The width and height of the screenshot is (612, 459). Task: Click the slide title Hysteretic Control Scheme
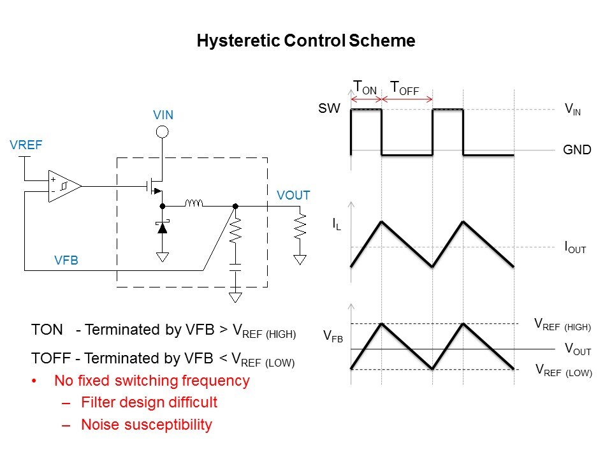coord(306,41)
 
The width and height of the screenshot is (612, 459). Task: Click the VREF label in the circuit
coord(26,145)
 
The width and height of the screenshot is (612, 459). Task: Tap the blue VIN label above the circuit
coord(163,115)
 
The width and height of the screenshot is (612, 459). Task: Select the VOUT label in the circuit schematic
coord(293,195)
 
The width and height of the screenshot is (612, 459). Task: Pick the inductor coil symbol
coord(194,203)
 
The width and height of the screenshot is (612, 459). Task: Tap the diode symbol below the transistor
coord(163,227)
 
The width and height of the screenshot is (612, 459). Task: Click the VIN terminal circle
coord(163,132)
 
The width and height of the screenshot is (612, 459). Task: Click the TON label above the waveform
coord(365,87)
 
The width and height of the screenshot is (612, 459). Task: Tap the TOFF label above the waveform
coord(404,88)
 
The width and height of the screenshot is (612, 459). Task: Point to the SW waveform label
coord(330,109)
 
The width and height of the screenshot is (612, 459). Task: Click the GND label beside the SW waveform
coord(577,150)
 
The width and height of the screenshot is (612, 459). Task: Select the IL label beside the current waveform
coord(335,223)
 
